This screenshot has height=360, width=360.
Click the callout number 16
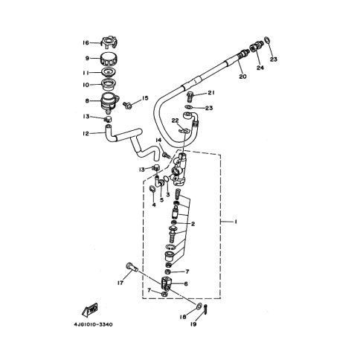tap(86, 43)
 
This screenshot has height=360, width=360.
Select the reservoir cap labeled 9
tap(109, 59)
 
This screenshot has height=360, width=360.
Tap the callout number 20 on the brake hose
tap(242, 77)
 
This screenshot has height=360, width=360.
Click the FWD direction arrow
tap(90, 309)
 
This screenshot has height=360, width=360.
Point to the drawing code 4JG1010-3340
tap(93, 324)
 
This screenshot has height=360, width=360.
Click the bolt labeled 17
tap(132, 269)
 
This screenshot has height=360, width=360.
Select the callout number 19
tap(193, 324)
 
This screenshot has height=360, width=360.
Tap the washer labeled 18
tap(199, 306)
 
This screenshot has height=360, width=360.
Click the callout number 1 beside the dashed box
tap(236, 222)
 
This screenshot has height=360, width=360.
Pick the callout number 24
tap(260, 68)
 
